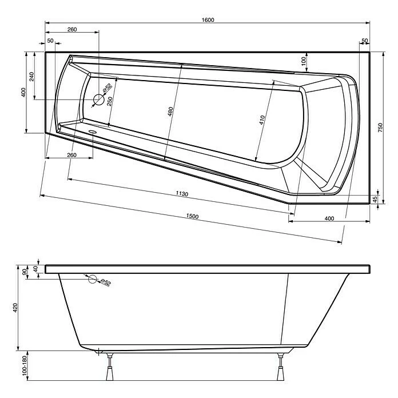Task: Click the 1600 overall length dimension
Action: pyautogui.click(x=208, y=20)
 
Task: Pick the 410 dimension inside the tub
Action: pyautogui.click(x=262, y=120)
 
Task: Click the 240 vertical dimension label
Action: pyautogui.click(x=32, y=76)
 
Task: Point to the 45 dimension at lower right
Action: pyautogui.click(x=375, y=199)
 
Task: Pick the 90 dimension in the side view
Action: pyautogui.click(x=25, y=272)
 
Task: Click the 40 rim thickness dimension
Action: pyautogui.click(x=35, y=269)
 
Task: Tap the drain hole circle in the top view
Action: pyautogui.click(x=99, y=101)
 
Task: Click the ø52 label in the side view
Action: pyautogui.click(x=105, y=282)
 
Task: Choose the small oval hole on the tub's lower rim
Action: pyautogui.click(x=92, y=130)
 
